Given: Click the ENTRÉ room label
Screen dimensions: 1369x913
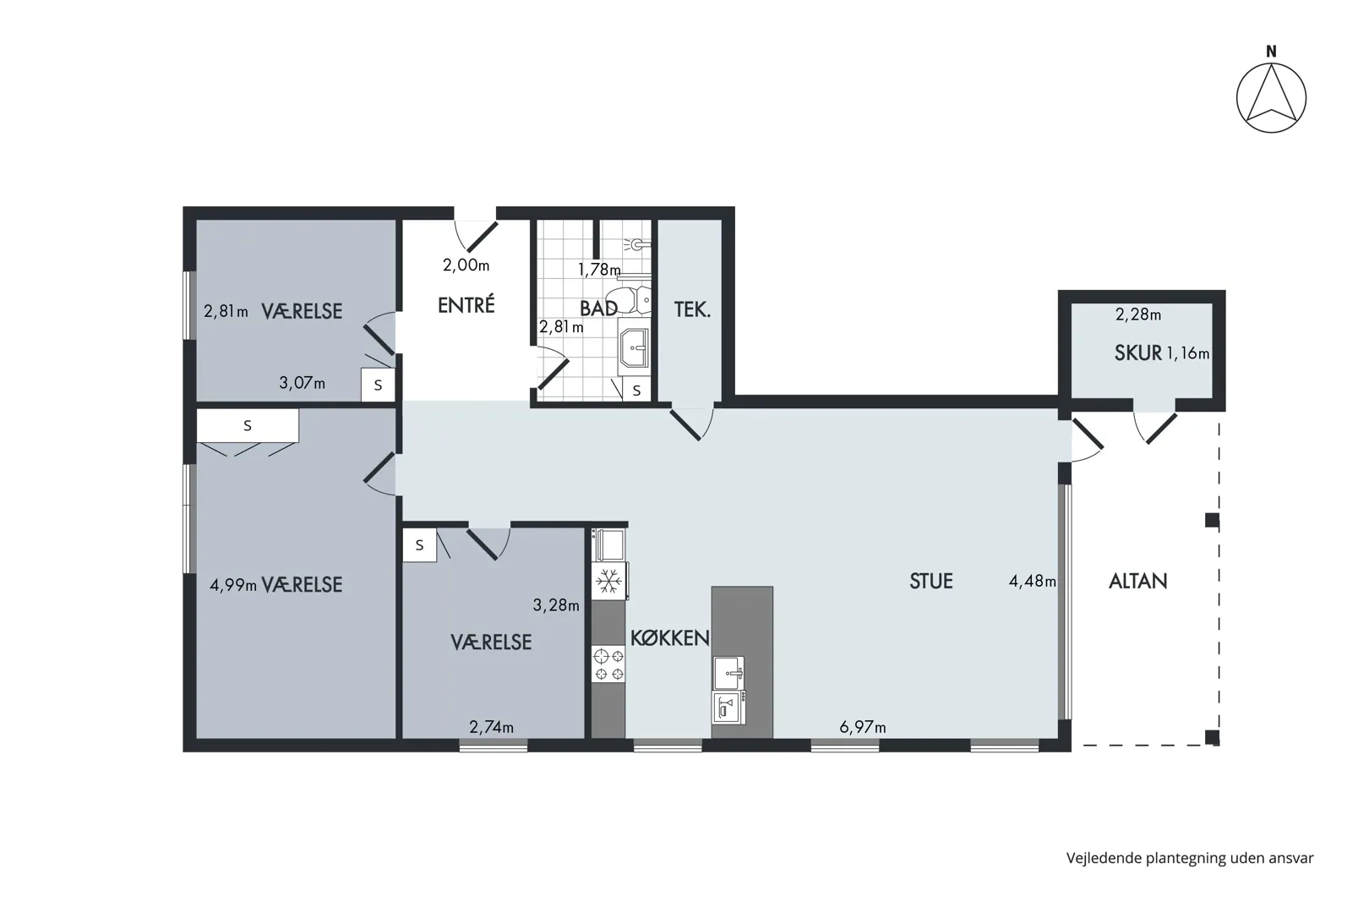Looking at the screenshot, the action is click(x=466, y=304).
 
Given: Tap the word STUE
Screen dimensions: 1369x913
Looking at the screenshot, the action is click(x=930, y=581).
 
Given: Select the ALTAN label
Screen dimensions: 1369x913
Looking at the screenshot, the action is click(x=1138, y=581).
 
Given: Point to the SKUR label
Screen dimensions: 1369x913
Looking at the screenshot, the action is click(x=1138, y=353).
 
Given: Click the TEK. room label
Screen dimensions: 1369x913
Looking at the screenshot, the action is click(x=692, y=309).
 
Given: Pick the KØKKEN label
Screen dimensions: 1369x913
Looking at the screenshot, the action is click(x=670, y=638).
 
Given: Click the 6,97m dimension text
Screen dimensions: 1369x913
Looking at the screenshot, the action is click(x=862, y=727).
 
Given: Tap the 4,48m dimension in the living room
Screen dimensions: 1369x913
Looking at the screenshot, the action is click(x=1033, y=581).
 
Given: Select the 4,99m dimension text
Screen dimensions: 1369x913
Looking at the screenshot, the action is click(x=233, y=585).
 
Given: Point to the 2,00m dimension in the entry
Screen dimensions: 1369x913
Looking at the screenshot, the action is click(x=466, y=265).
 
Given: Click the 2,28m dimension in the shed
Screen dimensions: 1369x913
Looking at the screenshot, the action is click(x=1138, y=314).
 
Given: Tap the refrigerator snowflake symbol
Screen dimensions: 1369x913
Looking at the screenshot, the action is click(x=608, y=581).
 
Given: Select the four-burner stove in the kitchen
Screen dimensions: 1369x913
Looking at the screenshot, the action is click(x=608, y=664).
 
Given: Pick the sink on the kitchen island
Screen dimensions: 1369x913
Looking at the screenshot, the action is click(x=729, y=673).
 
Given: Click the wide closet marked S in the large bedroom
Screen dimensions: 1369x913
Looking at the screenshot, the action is click(x=248, y=425).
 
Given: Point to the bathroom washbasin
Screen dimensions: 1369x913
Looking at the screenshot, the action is click(x=635, y=347).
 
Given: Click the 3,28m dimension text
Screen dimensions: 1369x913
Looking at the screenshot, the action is click(x=556, y=605).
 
